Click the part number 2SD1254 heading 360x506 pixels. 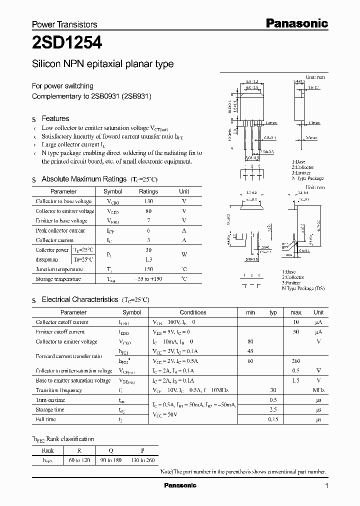(x=67, y=43)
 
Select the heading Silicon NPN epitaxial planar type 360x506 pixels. (x=102, y=64)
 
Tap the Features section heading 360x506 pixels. (x=55, y=118)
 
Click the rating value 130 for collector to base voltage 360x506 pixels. (x=148, y=201)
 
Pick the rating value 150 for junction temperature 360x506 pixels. (x=148, y=269)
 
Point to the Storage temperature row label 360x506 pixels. (x=58, y=279)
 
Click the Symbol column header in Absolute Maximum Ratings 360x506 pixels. (x=112, y=191)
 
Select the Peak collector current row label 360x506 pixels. (x=60, y=230)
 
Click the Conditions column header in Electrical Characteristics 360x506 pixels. (x=192, y=312)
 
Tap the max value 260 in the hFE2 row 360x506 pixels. (x=295, y=361)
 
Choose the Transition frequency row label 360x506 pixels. (x=58, y=390)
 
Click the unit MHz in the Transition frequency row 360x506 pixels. (x=318, y=390)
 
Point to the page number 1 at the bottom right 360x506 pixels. (x=326, y=485)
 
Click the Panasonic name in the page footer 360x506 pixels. (x=180, y=485)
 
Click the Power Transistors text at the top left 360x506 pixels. (x=64, y=24)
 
